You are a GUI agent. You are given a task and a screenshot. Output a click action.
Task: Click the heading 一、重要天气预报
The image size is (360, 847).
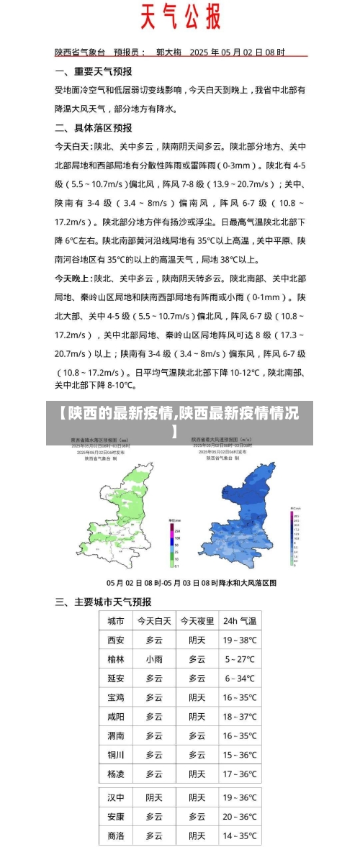tap(94, 71)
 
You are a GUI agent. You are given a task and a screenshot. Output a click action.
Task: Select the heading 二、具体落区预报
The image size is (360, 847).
tap(94, 127)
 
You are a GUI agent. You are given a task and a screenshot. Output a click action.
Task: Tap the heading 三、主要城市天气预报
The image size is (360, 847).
tap(103, 602)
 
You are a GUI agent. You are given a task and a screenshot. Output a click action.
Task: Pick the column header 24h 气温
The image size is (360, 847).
tap(239, 621)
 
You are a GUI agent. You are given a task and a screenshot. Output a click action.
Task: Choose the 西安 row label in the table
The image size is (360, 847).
tap(115, 640)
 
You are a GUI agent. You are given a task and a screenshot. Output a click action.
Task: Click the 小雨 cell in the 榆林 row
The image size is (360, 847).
tap(154, 658)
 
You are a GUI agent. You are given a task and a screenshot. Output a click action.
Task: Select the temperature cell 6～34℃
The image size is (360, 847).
tap(239, 678)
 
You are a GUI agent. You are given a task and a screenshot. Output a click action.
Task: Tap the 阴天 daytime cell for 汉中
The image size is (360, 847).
tap(154, 797)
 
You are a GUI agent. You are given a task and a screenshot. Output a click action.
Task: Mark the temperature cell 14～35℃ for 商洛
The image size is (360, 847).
tap(239, 835)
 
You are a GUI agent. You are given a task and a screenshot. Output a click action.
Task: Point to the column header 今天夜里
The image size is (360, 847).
tap(197, 621)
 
